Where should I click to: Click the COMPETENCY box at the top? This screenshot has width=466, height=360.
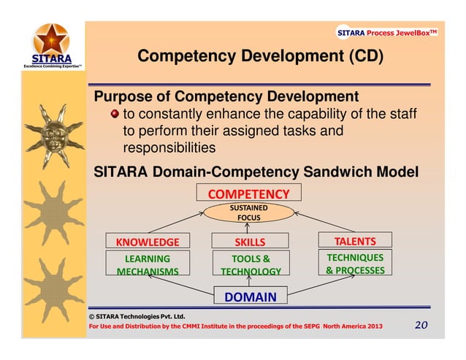[x=249, y=194]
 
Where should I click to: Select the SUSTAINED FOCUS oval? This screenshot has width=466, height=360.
[x=249, y=212]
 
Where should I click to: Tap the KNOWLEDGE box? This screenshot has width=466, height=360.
[x=142, y=242]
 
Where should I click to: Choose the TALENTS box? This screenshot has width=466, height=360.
[x=355, y=240]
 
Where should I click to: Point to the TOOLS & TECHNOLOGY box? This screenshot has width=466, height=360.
[x=251, y=264]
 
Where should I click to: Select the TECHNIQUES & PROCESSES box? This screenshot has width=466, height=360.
[x=355, y=264]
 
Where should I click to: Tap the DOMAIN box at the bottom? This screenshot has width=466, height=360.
[x=250, y=296]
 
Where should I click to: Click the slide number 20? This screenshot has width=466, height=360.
[x=422, y=325]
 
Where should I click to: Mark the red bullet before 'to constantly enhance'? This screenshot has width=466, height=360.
[x=114, y=115]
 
